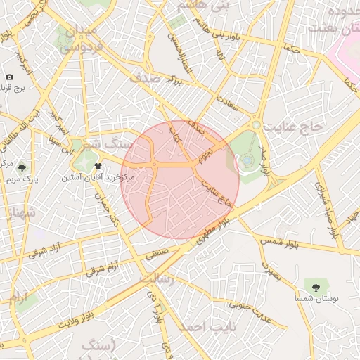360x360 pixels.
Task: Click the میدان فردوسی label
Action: pos(79,41)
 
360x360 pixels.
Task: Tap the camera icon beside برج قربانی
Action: pos(9,77)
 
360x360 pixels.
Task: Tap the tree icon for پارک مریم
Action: pos(22,168)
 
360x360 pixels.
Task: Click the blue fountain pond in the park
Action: pos(247,160)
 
